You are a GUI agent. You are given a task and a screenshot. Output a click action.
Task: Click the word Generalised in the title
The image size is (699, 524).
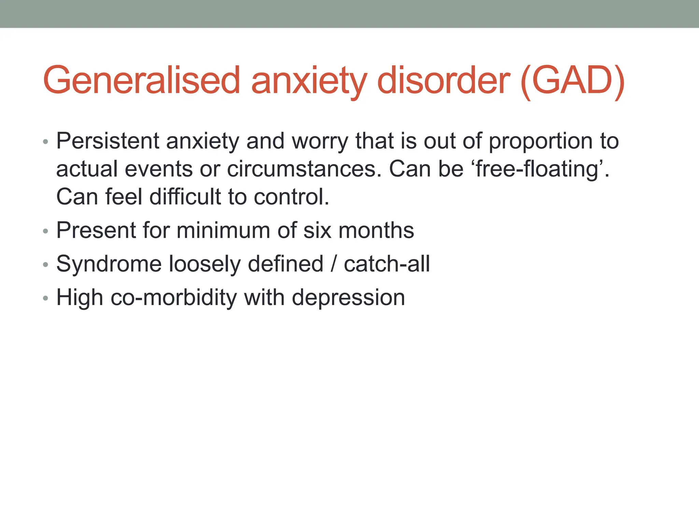pyautogui.click(x=142, y=81)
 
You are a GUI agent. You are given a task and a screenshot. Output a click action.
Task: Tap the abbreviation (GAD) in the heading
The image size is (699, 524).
pyautogui.click(x=572, y=81)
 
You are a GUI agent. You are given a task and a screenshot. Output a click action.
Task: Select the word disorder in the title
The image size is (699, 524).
pyautogui.click(x=444, y=81)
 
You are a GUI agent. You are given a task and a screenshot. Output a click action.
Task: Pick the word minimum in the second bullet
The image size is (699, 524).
pyautogui.click(x=223, y=230)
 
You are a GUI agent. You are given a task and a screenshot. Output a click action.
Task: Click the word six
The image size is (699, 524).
pyautogui.click(x=317, y=230)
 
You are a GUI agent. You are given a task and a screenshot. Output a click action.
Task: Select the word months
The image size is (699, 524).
pyautogui.click(x=376, y=230)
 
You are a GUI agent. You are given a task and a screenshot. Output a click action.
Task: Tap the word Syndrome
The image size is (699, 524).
pyautogui.click(x=109, y=264)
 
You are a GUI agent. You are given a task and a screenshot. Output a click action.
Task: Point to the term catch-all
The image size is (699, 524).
pyautogui.click(x=387, y=264)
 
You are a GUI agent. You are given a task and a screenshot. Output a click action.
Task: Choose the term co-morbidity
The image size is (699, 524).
pyautogui.click(x=174, y=298)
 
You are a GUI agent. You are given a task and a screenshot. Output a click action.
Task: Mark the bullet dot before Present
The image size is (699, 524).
pyautogui.click(x=46, y=232)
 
